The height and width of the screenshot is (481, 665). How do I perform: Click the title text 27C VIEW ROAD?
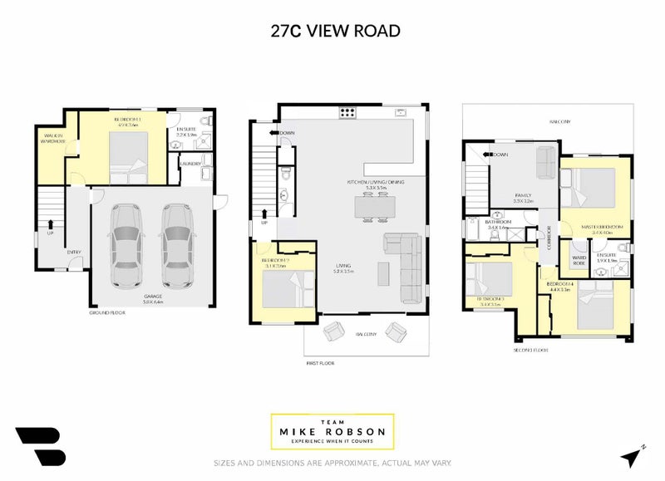pyautogui.click(x=335, y=31)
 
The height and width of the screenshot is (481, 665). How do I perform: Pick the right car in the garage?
pyautogui.click(x=176, y=243)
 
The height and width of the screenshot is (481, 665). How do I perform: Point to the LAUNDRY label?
pyautogui.click(x=190, y=163)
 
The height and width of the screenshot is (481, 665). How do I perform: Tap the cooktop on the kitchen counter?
pyautogui.click(x=347, y=113)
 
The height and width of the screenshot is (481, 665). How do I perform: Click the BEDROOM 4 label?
pyautogui.click(x=558, y=286)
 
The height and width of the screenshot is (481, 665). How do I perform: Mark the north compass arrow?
pyautogui.click(x=633, y=455)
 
